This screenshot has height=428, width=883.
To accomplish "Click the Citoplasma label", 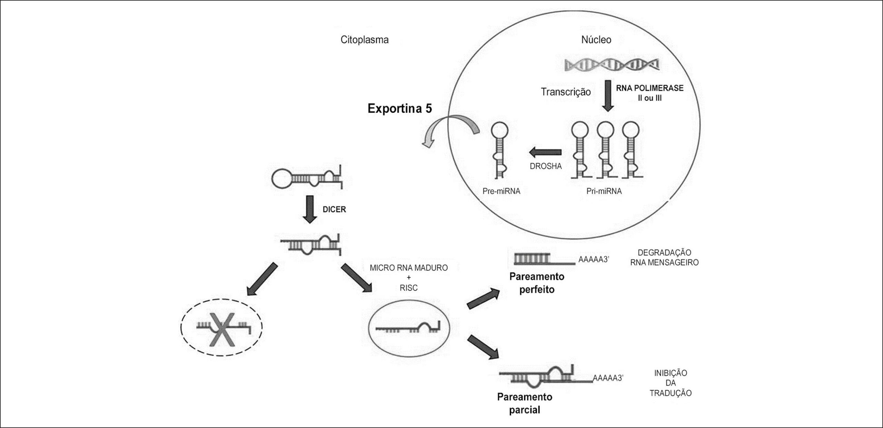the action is (365, 40).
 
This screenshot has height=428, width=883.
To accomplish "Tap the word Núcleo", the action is (596, 40).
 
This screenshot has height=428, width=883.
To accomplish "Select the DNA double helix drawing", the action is (612, 64).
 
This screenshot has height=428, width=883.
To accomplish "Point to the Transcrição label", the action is (566, 92).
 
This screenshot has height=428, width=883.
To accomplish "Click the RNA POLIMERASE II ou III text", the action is (650, 93).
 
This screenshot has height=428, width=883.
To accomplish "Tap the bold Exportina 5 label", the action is (400, 108).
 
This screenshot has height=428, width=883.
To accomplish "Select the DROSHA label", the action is (546, 166).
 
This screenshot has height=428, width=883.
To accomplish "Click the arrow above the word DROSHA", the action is (545, 152).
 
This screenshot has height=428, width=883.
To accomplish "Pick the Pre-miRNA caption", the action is (502, 191).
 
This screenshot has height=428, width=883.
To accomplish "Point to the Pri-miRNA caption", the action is (604, 191).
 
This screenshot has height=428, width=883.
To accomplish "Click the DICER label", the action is (334, 210).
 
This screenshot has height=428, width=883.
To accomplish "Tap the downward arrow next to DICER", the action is (309, 210).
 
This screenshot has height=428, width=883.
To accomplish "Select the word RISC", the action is (409, 288).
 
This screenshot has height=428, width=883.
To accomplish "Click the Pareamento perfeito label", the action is (537, 283).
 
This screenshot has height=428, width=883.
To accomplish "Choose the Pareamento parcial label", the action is (525, 403).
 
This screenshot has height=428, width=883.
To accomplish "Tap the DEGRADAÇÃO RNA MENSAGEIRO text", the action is (664, 257).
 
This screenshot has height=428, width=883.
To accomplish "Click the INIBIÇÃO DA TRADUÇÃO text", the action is (671, 383).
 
